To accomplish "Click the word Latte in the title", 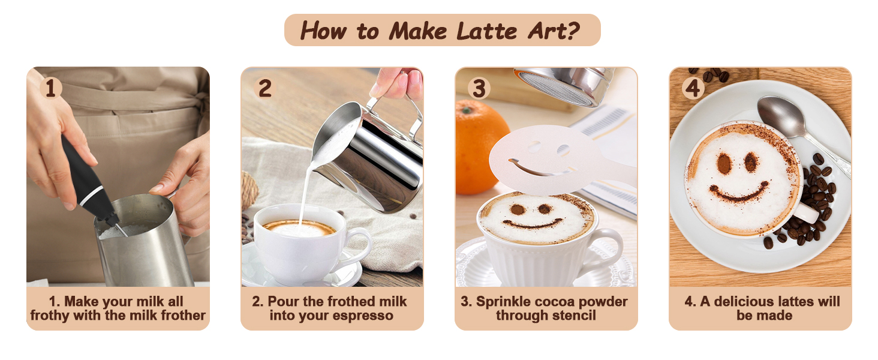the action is [487, 31].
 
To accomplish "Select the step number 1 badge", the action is [50, 88].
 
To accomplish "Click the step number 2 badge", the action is [265, 88].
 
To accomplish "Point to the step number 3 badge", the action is [479, 88].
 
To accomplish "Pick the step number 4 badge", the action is [693, 88].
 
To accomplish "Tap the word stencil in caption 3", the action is [572, 315].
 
